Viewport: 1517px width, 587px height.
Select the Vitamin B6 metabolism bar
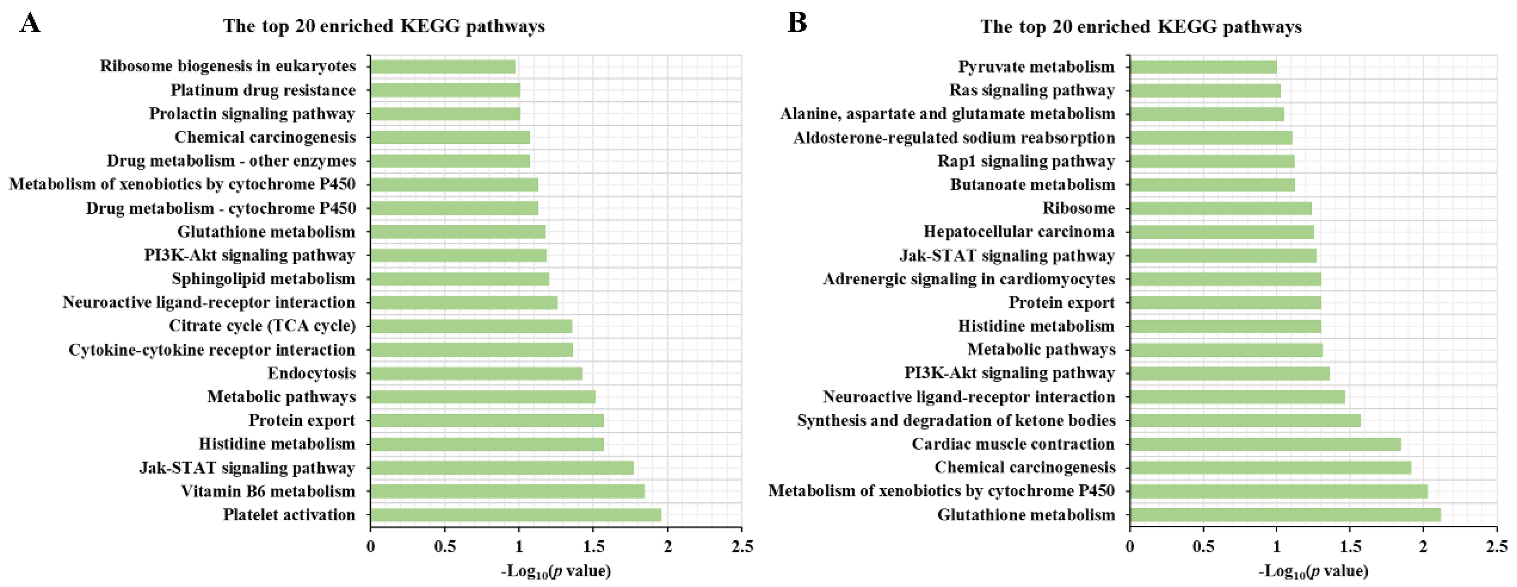click(507, 491)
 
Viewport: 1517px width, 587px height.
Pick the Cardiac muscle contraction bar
click(1265, 444)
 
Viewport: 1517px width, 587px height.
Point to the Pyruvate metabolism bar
click(1203, 66)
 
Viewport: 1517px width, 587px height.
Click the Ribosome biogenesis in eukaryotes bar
click(443, 66)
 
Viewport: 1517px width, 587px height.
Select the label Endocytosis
click(312, 373)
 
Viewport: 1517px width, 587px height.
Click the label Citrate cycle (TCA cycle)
click(262, 325)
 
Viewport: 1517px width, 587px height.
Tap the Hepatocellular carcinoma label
click(1019, 231)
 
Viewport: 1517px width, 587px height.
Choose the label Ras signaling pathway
click(1032, 90)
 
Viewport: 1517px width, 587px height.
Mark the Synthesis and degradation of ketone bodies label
click(956, 420)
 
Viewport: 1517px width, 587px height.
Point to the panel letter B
click(797, 24)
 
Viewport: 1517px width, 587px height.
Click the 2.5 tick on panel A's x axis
click(741, 546)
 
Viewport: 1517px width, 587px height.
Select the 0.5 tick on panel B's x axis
click(1203, 546)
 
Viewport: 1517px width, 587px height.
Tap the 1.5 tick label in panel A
click(593, 546)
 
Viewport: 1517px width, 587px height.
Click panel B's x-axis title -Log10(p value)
click(1313, 570)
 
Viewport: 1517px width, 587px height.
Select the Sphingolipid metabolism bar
click(459, 279)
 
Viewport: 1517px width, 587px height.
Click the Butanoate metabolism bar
click(1212, 184)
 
